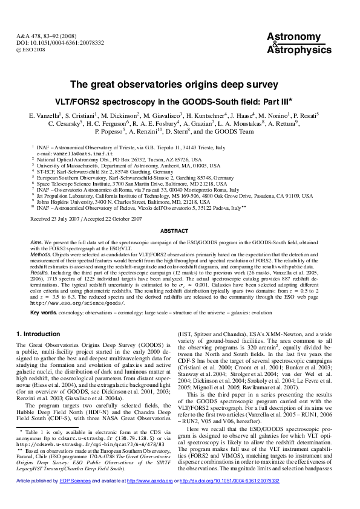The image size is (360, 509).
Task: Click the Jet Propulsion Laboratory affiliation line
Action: click(x=175, y=196)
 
